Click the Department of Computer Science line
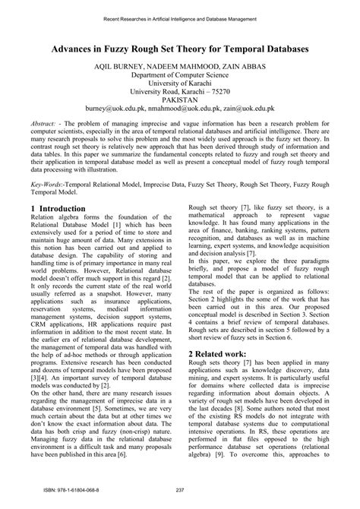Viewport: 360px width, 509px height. (179, 77)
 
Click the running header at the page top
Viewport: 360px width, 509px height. (179, 16)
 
